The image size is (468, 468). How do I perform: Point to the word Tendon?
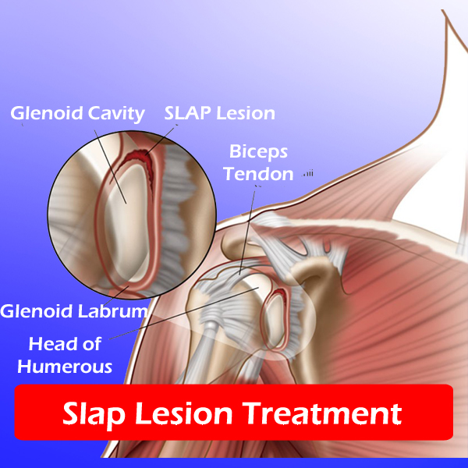click(258, 174)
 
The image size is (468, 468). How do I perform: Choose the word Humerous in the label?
click(65, 367)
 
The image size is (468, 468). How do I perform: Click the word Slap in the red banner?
click(94, 415)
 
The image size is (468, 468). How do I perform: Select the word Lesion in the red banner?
click(184, 413)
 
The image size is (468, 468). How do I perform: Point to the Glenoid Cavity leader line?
click(110, 167)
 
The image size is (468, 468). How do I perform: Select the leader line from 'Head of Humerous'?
click(184, 314)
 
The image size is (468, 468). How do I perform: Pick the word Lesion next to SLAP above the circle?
click(246, 113)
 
